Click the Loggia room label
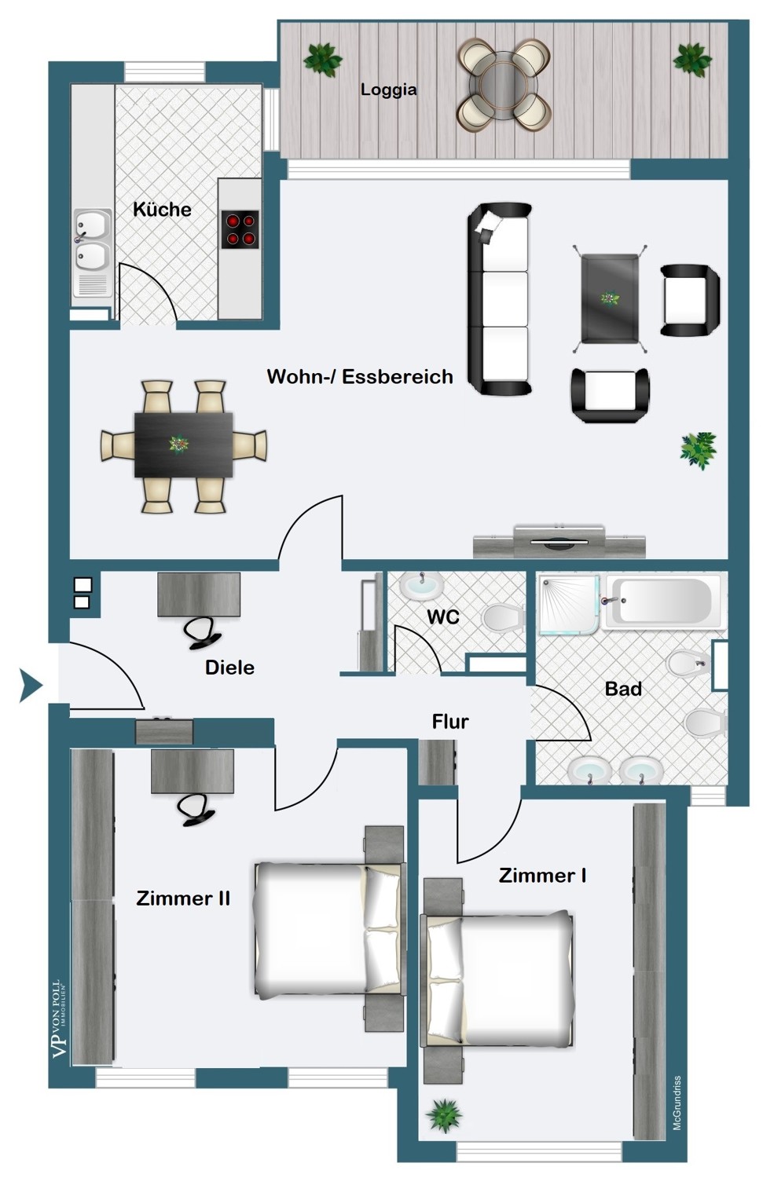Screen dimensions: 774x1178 tap(388, 90)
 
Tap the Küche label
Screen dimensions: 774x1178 tap(162, 210)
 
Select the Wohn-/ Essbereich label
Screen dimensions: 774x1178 tap(360, 376)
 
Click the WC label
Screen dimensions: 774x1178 tap(443, 616)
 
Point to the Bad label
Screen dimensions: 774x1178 tap(623, 689)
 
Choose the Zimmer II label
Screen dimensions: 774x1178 tap(183, 898)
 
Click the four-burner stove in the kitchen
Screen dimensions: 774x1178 tap(240, 230)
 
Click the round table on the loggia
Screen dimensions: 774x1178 tap(504, 85)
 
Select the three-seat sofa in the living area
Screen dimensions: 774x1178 tap(500, 299)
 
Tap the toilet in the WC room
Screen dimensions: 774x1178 tap(503, 619)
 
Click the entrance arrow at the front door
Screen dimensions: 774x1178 tap(31, 686)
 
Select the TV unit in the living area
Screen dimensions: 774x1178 tap(559, 540)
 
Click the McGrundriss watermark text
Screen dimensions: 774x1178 tap(677, 1102)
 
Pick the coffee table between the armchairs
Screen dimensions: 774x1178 tap(610, 298)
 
